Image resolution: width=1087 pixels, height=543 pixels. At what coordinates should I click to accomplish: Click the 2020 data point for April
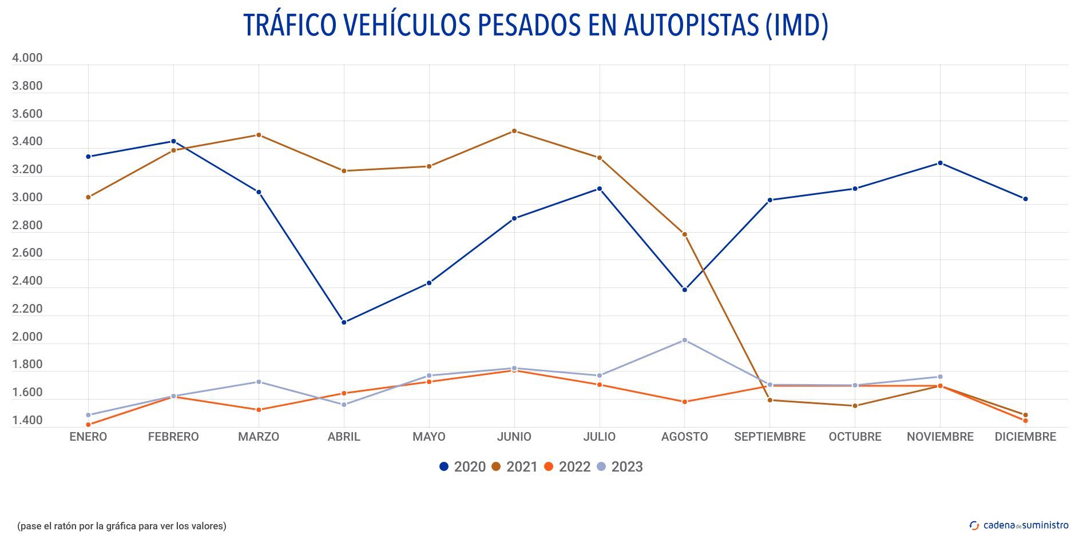[x=344, y=322]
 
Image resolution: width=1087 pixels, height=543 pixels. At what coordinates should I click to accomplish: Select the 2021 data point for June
[x=514, y=131]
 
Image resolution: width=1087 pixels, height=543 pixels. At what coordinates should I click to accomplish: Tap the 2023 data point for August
[x=684, y=340]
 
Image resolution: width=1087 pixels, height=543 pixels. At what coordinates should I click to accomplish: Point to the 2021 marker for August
[x=684, y=234]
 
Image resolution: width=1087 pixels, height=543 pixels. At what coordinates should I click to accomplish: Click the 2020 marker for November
[x=940, y=163]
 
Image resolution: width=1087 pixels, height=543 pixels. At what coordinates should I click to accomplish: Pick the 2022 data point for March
[x=259, y=410]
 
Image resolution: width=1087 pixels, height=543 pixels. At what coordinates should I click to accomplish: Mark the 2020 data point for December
[x=1025, y=199]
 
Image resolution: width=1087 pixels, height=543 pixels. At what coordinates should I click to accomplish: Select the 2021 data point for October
[x=855, y=406]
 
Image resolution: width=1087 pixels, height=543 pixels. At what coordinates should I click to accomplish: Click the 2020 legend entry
[x=462, y=467]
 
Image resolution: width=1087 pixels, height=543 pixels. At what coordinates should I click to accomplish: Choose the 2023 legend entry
[x=620, y=467]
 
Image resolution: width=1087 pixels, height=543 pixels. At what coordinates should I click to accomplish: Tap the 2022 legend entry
[x=567, y=467]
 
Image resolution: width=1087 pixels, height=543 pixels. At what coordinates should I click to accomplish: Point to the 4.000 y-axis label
[x=27, y=58]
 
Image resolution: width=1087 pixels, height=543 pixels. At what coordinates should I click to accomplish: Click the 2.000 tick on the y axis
[x=27, y=337]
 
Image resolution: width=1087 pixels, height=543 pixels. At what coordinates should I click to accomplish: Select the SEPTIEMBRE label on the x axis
[x=769, y=437]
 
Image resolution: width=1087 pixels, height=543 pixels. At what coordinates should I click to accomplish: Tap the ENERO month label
[x=88, y=437]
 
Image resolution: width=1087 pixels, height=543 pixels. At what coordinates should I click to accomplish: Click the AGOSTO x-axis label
[x=684, y=437]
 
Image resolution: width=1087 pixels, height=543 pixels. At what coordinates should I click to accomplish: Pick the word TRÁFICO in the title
[x=289, y=25]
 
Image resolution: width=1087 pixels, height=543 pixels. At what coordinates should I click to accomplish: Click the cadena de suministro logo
[x=1019, y=525]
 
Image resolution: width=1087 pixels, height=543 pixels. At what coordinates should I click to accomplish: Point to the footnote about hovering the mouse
[x=122, y=526]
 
